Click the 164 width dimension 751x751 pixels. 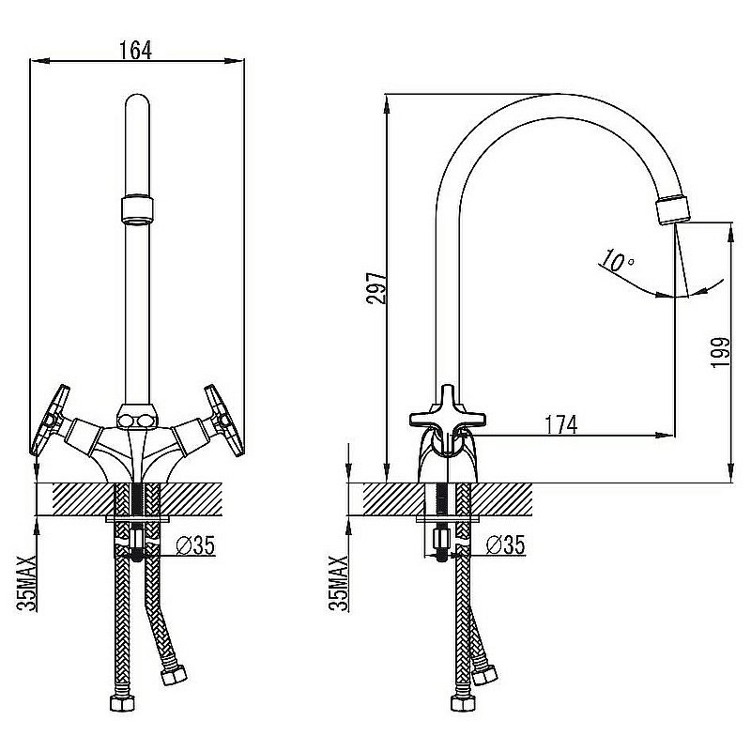coord(135,51)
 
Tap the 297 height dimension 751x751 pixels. coord(376,288)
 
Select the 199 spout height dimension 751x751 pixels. coord(721,352)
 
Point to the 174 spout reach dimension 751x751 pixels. coord(561,424)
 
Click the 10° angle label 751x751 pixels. coord(618,261)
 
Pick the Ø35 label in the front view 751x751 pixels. coord(195,545)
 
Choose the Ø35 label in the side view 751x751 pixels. coord(505,544)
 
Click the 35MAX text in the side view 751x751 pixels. coord(339,583)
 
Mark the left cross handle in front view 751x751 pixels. coord(50,420)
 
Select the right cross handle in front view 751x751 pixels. coord(224,420)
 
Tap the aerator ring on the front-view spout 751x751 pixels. coord(137,208)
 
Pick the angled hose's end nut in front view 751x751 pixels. coord(174,675)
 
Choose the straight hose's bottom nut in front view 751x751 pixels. coord(123,702)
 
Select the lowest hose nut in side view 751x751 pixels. coord(463,702)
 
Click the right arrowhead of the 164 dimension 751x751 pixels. coord(235,61)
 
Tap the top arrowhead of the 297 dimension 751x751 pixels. coord(386,104)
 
